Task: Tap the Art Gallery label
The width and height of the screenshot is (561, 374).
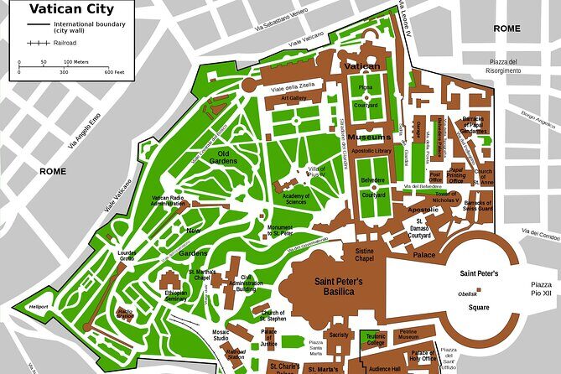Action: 294,97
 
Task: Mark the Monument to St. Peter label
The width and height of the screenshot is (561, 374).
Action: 280,231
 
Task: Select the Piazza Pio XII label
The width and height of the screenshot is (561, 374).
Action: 542,290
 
